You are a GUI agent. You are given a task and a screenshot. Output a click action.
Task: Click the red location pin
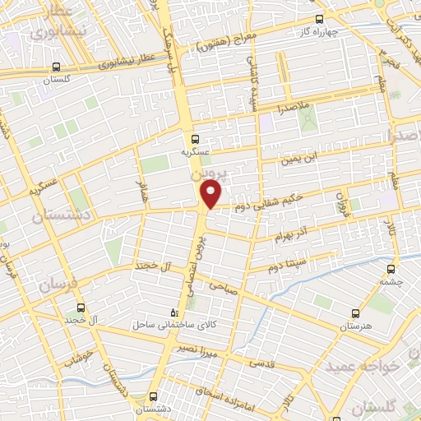point(211,194)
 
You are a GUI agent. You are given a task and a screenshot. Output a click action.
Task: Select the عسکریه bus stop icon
point(196,139)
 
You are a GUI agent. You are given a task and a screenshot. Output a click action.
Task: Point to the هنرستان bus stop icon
point(355,313)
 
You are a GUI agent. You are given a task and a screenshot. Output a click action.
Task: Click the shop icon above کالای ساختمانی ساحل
point(173,312)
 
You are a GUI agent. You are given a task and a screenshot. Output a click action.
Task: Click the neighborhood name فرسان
point(54,285)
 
